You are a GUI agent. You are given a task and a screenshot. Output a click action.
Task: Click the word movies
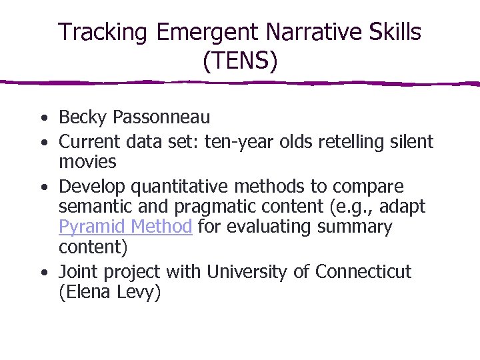click(87, 162)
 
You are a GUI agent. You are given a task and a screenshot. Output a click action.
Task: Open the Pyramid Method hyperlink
click(125, 227)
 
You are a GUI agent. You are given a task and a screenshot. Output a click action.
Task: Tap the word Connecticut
click(363, 272)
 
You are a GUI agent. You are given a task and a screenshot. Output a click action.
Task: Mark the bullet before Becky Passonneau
click(43, 119)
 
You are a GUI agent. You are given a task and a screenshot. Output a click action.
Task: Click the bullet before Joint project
click(43, 273)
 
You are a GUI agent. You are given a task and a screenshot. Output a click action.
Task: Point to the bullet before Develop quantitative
click(43, 187)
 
